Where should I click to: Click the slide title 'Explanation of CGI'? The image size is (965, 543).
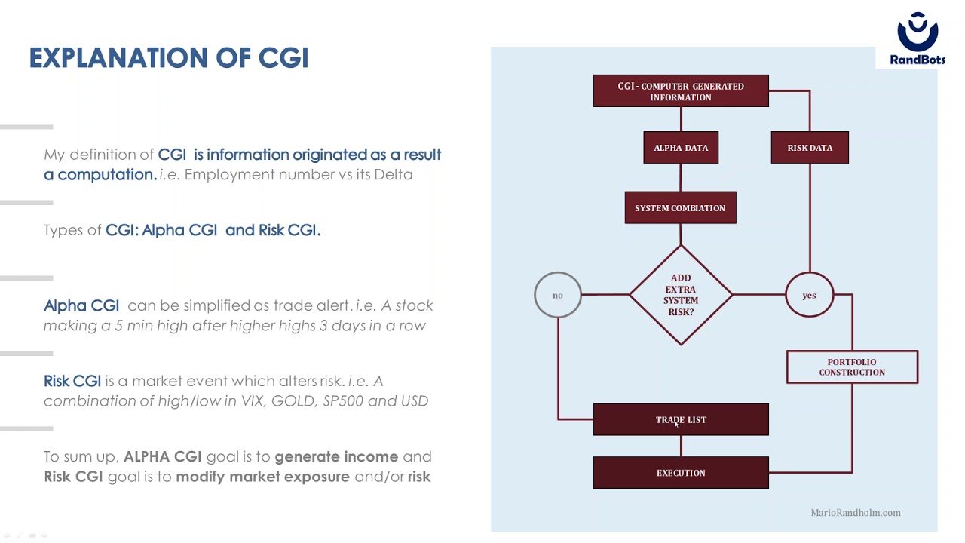(x=169, y=58)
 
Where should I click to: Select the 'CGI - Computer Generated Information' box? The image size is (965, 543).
(x=681, y=91)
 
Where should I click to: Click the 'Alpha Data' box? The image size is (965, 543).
(x=681, y=147)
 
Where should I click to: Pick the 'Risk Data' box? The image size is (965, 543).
(x=810, y=147)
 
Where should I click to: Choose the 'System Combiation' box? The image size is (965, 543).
(x=681, y=207)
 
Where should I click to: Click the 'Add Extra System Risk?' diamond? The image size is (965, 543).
(x=681, y=295)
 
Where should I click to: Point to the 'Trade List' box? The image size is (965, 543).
(x=681, y=419)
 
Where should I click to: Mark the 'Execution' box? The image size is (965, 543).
(x=681, y=472)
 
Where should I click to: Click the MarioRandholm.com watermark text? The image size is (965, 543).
(x=856, y=512)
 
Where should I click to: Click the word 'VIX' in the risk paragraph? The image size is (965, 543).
(x=252, y=400)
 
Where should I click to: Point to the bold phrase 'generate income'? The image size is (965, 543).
(x=336, y=457)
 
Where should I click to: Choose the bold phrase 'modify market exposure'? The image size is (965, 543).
(x=263, y=477)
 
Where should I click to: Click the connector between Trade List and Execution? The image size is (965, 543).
(x=681, y=446)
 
